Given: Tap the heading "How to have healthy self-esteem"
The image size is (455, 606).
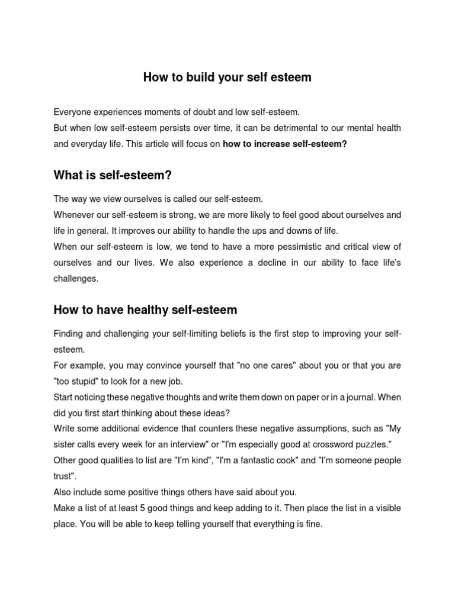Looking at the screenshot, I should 145,310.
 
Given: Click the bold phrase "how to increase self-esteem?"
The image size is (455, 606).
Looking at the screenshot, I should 284,143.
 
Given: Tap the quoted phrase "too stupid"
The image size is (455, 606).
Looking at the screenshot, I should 75,381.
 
